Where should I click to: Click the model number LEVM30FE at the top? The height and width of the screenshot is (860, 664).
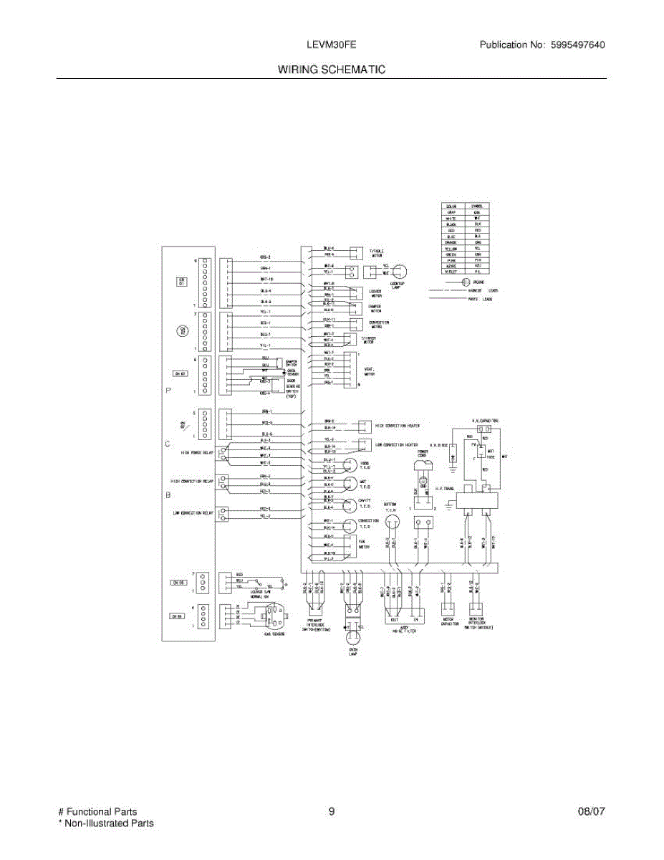(332, 45)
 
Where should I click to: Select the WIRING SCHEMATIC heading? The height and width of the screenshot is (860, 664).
(332, 70)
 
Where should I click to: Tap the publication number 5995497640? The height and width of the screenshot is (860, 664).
(577, 45)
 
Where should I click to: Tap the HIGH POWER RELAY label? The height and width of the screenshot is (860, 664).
(197, 452)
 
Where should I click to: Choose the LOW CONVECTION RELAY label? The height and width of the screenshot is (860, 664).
(192, 512)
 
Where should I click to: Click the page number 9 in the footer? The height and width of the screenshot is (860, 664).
(332, 812)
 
